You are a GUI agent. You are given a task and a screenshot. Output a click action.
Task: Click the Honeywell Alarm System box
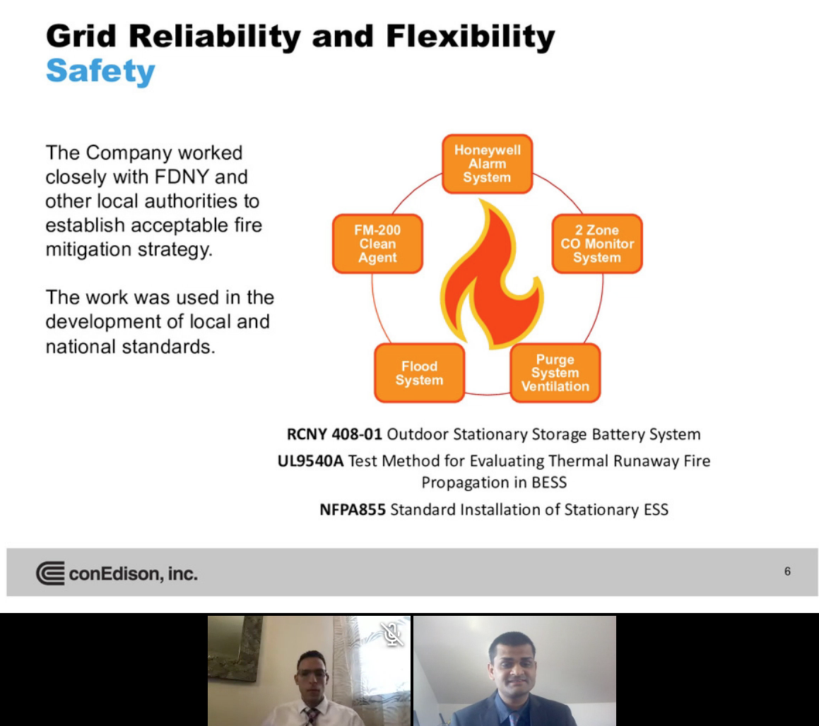(x=488, y=164)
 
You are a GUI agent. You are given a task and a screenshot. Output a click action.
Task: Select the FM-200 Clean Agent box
(x=377, y=244)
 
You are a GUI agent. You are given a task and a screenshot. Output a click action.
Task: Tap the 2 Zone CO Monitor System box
(x=597, y=244)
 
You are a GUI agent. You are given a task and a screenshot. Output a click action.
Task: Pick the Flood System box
(x=420, y=373)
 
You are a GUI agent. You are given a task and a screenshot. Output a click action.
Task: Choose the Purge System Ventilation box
(x=555, y=373)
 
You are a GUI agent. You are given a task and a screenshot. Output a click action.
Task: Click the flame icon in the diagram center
(x=492, y=275)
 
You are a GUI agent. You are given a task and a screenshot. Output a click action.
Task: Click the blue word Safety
(x=101, y=71)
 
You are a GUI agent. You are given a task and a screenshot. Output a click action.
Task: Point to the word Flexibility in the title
(x=471, y=37)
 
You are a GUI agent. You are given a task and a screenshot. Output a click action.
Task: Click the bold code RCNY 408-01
(x=334, y=434)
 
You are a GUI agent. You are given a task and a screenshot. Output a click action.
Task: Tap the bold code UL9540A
(x=311, y=461)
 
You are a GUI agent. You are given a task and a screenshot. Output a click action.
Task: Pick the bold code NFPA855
(x=353, y=509)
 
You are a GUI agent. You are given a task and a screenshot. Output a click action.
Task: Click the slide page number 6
(x=787, y=571)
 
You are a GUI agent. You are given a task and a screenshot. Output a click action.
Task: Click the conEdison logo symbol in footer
(x=51, y=573)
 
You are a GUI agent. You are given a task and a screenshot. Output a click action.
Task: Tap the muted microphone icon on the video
(x=391, y=633)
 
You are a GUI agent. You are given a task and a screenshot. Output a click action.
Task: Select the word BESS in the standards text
(x=549, y=482)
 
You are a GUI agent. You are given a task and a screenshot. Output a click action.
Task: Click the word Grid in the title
(x=81, y=36)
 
